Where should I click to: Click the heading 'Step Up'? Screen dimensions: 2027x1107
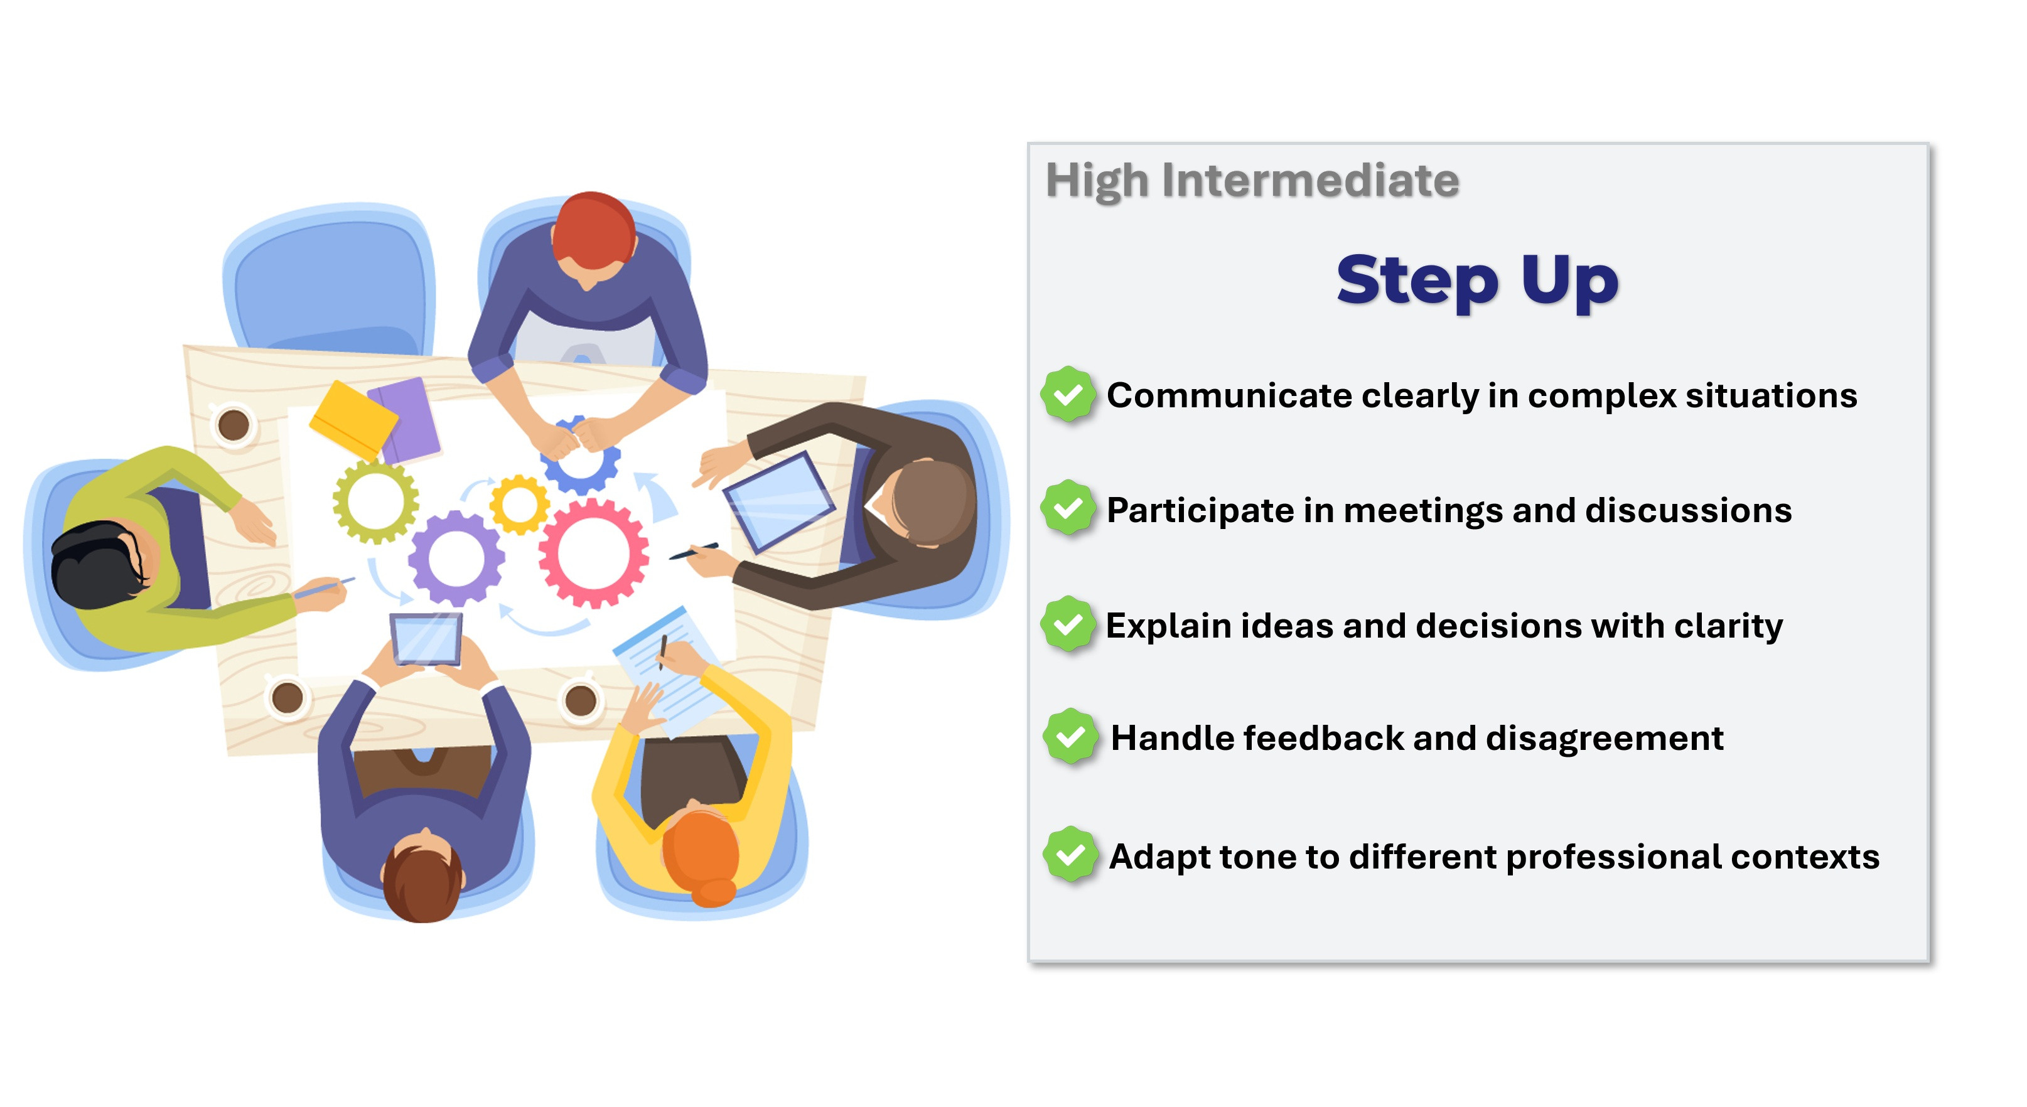(x=1477, y=281)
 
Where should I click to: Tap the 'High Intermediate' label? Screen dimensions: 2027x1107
(x=1252, y=181)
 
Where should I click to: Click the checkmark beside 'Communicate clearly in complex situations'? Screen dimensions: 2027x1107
(x=1068, y=393)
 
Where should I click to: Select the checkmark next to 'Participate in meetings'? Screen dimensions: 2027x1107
(x=1068, y=508)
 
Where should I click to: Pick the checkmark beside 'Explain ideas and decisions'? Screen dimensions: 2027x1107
(x=1068, y=624)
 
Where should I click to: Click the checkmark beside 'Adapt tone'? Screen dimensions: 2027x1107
(x=1070, y=855)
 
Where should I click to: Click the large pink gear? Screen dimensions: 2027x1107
(x=593, y=553)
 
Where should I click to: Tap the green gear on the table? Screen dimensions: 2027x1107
(x=375, y=502)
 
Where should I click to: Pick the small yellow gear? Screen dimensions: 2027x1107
(x=519, y=505)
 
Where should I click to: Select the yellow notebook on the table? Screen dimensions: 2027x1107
(x=353, y=419)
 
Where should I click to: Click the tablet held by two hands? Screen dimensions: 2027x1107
(x=426, y=639)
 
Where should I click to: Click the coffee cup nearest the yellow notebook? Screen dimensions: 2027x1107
(x=234, y=425)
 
